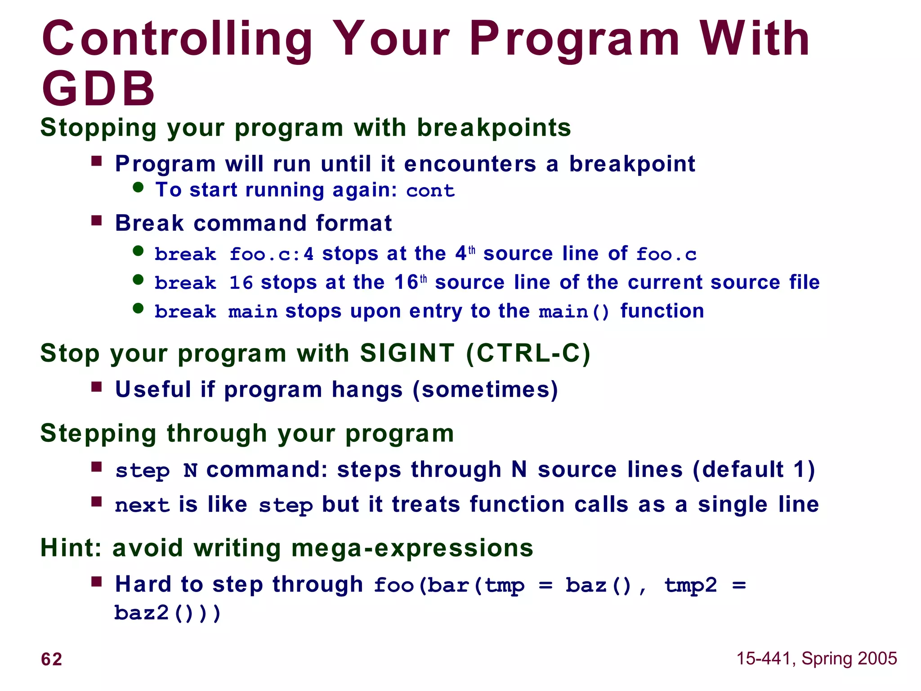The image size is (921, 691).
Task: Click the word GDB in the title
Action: coord(98,89)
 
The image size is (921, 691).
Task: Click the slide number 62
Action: coord(51,659)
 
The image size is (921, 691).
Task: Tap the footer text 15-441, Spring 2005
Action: coord(816,658)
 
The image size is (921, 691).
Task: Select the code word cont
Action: coord(430,191)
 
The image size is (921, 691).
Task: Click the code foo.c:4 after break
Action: coord(271,255)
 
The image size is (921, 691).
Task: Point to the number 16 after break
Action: coord(241,283)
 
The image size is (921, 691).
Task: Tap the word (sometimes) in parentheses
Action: coord(485,390)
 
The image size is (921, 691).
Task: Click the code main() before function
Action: coord(574,312)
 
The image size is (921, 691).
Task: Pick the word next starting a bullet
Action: coord(142,505)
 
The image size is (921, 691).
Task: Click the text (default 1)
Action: coord(753,470)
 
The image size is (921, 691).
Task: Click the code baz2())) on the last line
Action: coord(167,613)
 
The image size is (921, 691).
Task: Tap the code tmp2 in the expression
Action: coord(690,585)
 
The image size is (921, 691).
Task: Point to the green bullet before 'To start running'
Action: coord(139,188)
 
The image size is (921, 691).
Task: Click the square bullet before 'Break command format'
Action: coord(97,221)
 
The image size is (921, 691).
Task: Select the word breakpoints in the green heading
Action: coord(494,128)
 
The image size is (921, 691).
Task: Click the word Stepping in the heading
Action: coord(98,434)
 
